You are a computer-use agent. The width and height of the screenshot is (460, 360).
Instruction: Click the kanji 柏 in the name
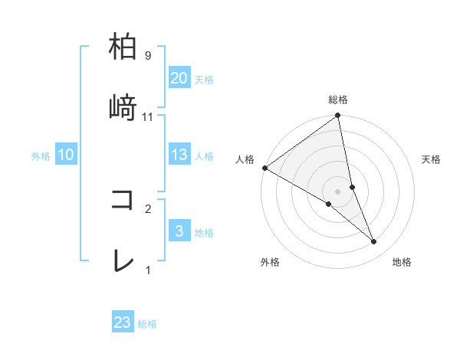coord(123,47)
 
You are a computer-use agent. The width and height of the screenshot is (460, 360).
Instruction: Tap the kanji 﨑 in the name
coord(123,108)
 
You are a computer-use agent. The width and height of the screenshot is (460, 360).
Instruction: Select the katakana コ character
coord(123,200)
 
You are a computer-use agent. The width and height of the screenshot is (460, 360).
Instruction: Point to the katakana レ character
coord(123,261)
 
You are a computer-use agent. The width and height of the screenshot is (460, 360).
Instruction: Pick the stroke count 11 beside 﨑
coord(148,116)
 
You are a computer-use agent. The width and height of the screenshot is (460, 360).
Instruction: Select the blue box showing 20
coord(179,78)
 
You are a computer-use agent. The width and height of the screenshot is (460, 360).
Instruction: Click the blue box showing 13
coord(179,155)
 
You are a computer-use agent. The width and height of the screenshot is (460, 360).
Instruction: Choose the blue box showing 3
coord(179,231)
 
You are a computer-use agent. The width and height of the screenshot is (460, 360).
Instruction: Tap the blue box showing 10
coord(66,155)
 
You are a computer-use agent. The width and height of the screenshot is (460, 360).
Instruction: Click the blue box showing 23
coord(123,322)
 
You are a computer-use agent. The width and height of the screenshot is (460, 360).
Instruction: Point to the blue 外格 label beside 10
coord(41,155)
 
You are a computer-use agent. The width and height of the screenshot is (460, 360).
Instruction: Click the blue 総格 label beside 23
coord(147,323)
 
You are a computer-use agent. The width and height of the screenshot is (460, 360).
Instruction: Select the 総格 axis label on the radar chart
coord(338,100)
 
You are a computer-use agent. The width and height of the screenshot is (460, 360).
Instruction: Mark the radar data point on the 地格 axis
coord(373,242)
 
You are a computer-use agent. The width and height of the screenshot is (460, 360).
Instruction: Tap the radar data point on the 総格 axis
coord(338,116)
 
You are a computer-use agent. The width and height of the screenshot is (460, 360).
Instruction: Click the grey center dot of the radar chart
coord(338,191)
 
